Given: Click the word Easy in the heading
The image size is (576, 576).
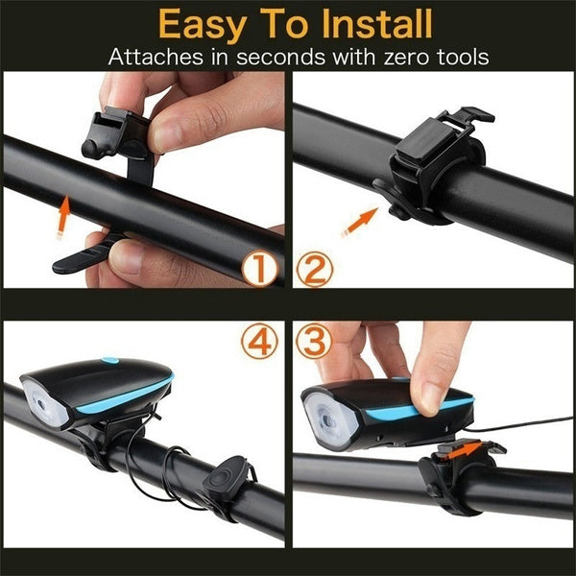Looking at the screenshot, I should pos(207,22).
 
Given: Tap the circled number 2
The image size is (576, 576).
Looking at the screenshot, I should pos(316,269).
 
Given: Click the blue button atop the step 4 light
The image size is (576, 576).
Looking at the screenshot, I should pos(108,361).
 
